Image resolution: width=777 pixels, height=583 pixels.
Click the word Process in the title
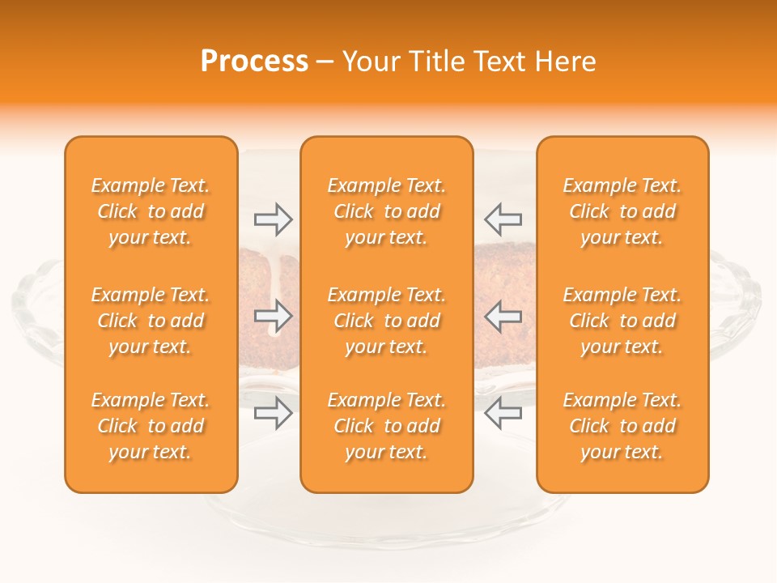click(254, 62)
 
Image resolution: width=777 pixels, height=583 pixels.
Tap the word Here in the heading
click(564, 62)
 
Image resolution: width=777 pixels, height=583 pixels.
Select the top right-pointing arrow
click(273, 219)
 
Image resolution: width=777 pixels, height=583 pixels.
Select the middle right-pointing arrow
click(273, 316)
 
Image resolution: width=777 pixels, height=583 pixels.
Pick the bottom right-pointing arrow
click(273, 413)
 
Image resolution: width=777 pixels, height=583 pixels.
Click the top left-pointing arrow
click(503, 219)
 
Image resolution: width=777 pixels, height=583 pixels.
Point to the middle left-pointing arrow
click(503, 316)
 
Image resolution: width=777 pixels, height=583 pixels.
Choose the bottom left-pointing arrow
click(503, 413)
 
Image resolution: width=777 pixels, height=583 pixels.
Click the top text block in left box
click(151, 211)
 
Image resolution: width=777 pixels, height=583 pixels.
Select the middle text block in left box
click(151, 321)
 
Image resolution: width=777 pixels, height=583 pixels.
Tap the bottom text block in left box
click(151, 426)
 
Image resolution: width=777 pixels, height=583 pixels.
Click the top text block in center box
click(386, 211)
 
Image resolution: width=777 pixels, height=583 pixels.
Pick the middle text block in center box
click(386, 321)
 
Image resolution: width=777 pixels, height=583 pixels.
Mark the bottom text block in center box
click(386, 426)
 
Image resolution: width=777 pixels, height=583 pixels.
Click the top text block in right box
click(622, 211)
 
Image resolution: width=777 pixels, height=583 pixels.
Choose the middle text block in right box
click(622, 321)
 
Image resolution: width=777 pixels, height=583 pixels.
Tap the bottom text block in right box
click(622, 426)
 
